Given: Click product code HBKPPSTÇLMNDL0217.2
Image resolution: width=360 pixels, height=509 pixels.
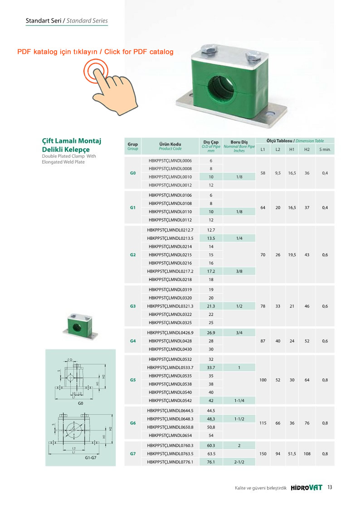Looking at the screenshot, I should tap(170, 271).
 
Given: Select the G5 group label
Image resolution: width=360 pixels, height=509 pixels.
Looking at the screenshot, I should tap(133, 380).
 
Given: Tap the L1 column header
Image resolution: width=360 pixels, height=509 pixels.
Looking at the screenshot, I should tap(263, 149).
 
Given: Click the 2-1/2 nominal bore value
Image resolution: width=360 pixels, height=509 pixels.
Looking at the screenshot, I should tap(239, 462).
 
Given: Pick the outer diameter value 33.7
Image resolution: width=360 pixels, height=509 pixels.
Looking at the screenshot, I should tap(210, 367).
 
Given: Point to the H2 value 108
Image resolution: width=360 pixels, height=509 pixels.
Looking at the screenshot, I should tap(307, 453).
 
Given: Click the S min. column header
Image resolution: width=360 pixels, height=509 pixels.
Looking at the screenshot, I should tap(325, 149).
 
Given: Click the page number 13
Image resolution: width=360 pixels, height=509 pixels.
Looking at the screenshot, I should tap(330, 488).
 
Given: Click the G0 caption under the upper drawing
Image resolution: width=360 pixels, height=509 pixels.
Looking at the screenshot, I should tap(81, 403).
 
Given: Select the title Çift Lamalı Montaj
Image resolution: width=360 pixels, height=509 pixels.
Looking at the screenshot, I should tap(71, 141).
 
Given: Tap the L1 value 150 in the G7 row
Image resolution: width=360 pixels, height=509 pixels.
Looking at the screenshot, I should tap(263, 453).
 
